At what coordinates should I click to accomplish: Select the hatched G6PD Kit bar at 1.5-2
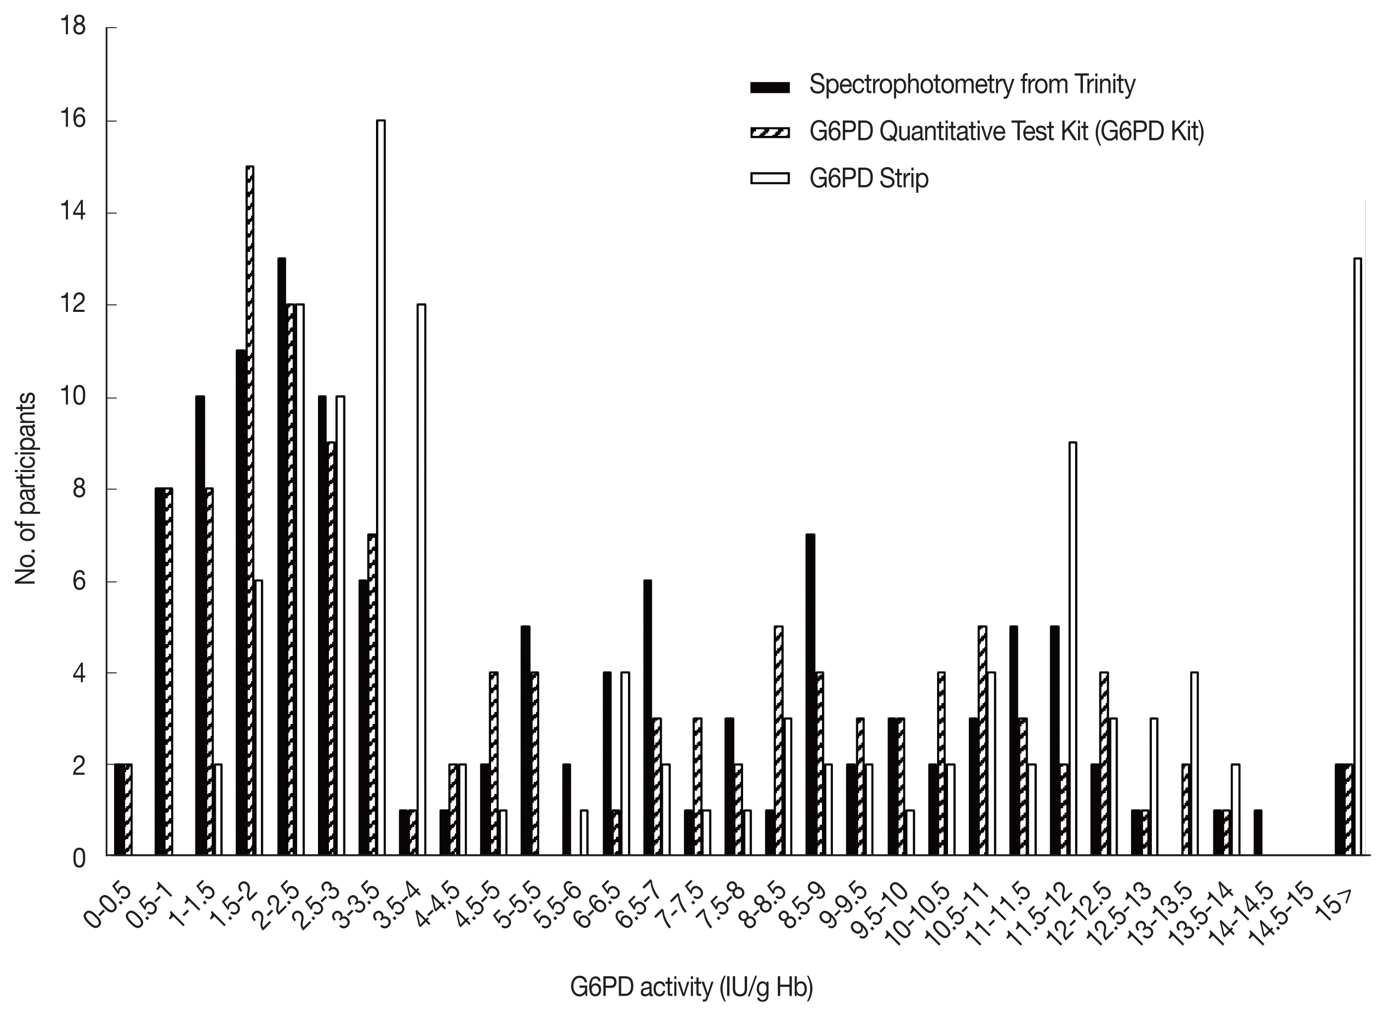click(250, 511)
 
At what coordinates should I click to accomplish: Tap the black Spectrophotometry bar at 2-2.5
click(281, 557)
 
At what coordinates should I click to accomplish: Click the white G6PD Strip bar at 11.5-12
click(1072, 649)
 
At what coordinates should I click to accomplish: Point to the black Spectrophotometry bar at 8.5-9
click(810, 695)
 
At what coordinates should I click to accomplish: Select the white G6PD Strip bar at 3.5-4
click(421, 580)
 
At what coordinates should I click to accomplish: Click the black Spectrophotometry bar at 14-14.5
click(1258, 833)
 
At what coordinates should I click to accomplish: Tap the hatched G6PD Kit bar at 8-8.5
click(778, 741)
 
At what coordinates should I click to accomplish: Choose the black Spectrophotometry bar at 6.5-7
click(648, 718)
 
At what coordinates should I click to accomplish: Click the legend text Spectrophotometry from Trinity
click(972, 85)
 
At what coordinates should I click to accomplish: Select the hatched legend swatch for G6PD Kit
click(770, 132)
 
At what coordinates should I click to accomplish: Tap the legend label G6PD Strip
click(868, 179)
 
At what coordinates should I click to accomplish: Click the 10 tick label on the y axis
click(72, 397)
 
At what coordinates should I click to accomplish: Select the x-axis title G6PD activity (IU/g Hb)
click(691, 987)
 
